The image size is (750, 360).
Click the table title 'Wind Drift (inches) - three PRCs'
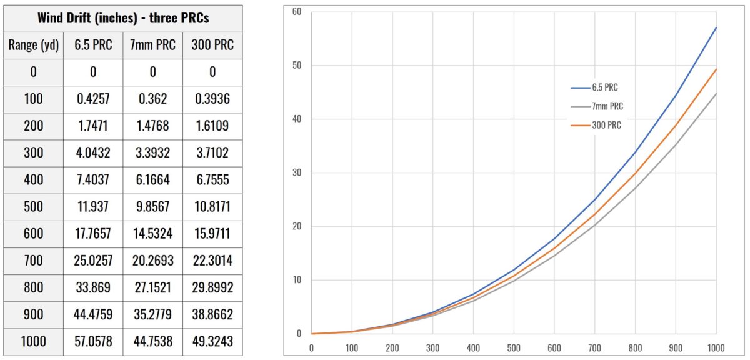tap(123, 18)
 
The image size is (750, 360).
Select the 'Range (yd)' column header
tap(33, 45)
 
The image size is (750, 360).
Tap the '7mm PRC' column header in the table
tap(152, 45)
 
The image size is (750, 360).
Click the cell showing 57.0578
tap(93, 341)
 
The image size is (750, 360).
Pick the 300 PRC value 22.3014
tap(212, 261)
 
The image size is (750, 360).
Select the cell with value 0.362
tap(152, 99)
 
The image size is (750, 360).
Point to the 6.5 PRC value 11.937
tap(93, 207)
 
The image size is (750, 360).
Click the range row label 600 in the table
tap(33, 234)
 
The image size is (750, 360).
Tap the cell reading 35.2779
tap(152, 314)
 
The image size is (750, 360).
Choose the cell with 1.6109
tap(212, 126)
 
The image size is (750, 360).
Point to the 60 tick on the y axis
tap(297, 12)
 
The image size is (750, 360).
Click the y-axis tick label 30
tap(297, 172)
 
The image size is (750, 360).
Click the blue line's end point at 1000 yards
tap(716, 27)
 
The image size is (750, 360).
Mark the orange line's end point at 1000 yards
tap(716, 69)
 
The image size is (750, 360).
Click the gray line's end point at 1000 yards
tap(716, 94)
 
